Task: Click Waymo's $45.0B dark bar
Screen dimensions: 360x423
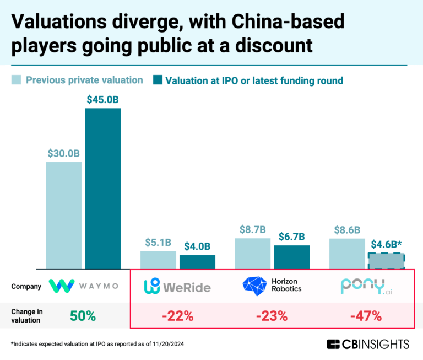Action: pyautogui.click(x=102, y=188)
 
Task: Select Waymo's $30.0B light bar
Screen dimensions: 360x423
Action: pyautogui.click(x=63, y=215)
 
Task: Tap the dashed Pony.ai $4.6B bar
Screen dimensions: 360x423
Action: pyautogui.click(x=386, y=261)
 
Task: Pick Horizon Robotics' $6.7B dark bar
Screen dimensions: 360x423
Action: pyautogui.click(x=292, y=257)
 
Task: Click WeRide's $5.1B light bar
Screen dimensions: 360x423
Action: pyautogui.click(x=158, y=260)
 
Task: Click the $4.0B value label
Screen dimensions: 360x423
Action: pyautogui.click(x=197, y=246)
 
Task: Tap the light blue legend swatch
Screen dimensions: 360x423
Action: pyautogui.click(x=17, y=80)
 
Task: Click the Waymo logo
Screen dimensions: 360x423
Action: pyautogui.click(x=83, y=286)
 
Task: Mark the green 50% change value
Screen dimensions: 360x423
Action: pyautogui.click(x=83, y=316)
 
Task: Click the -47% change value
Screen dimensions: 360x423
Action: pyautogui.click(x=367, y=316)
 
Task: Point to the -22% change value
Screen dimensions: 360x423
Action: pyautogui.click(x=177, y=316)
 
